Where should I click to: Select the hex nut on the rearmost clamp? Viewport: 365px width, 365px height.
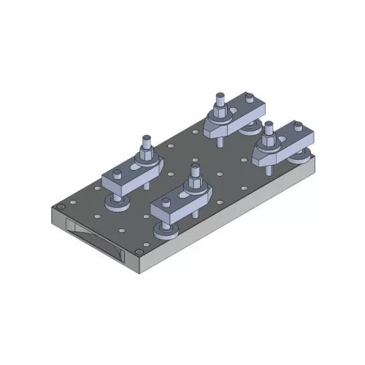click(x=218, y=114)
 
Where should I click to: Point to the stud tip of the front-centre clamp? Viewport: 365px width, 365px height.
click(x=194, y=168)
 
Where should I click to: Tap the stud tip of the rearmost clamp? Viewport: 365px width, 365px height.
click(x=218, y=96)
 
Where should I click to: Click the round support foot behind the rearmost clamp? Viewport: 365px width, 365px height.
click(x=253, y=126)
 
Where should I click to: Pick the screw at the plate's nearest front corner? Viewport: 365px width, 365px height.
click(x=139, y=253)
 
